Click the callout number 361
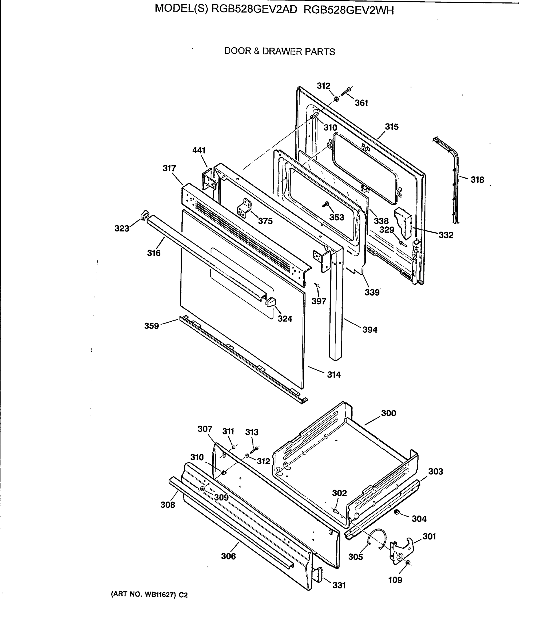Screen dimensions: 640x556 [361, 103]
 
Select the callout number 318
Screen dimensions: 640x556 [477, 179]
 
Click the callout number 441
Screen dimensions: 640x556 [199, 150]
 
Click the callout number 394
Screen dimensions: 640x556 [370, 330]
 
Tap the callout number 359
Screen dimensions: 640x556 [152, 326]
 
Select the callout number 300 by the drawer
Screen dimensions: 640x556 [388, 413]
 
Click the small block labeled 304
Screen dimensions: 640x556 [396, 512]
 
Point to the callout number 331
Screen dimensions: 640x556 [339, 585]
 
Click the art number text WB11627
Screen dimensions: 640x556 [158, 595]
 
